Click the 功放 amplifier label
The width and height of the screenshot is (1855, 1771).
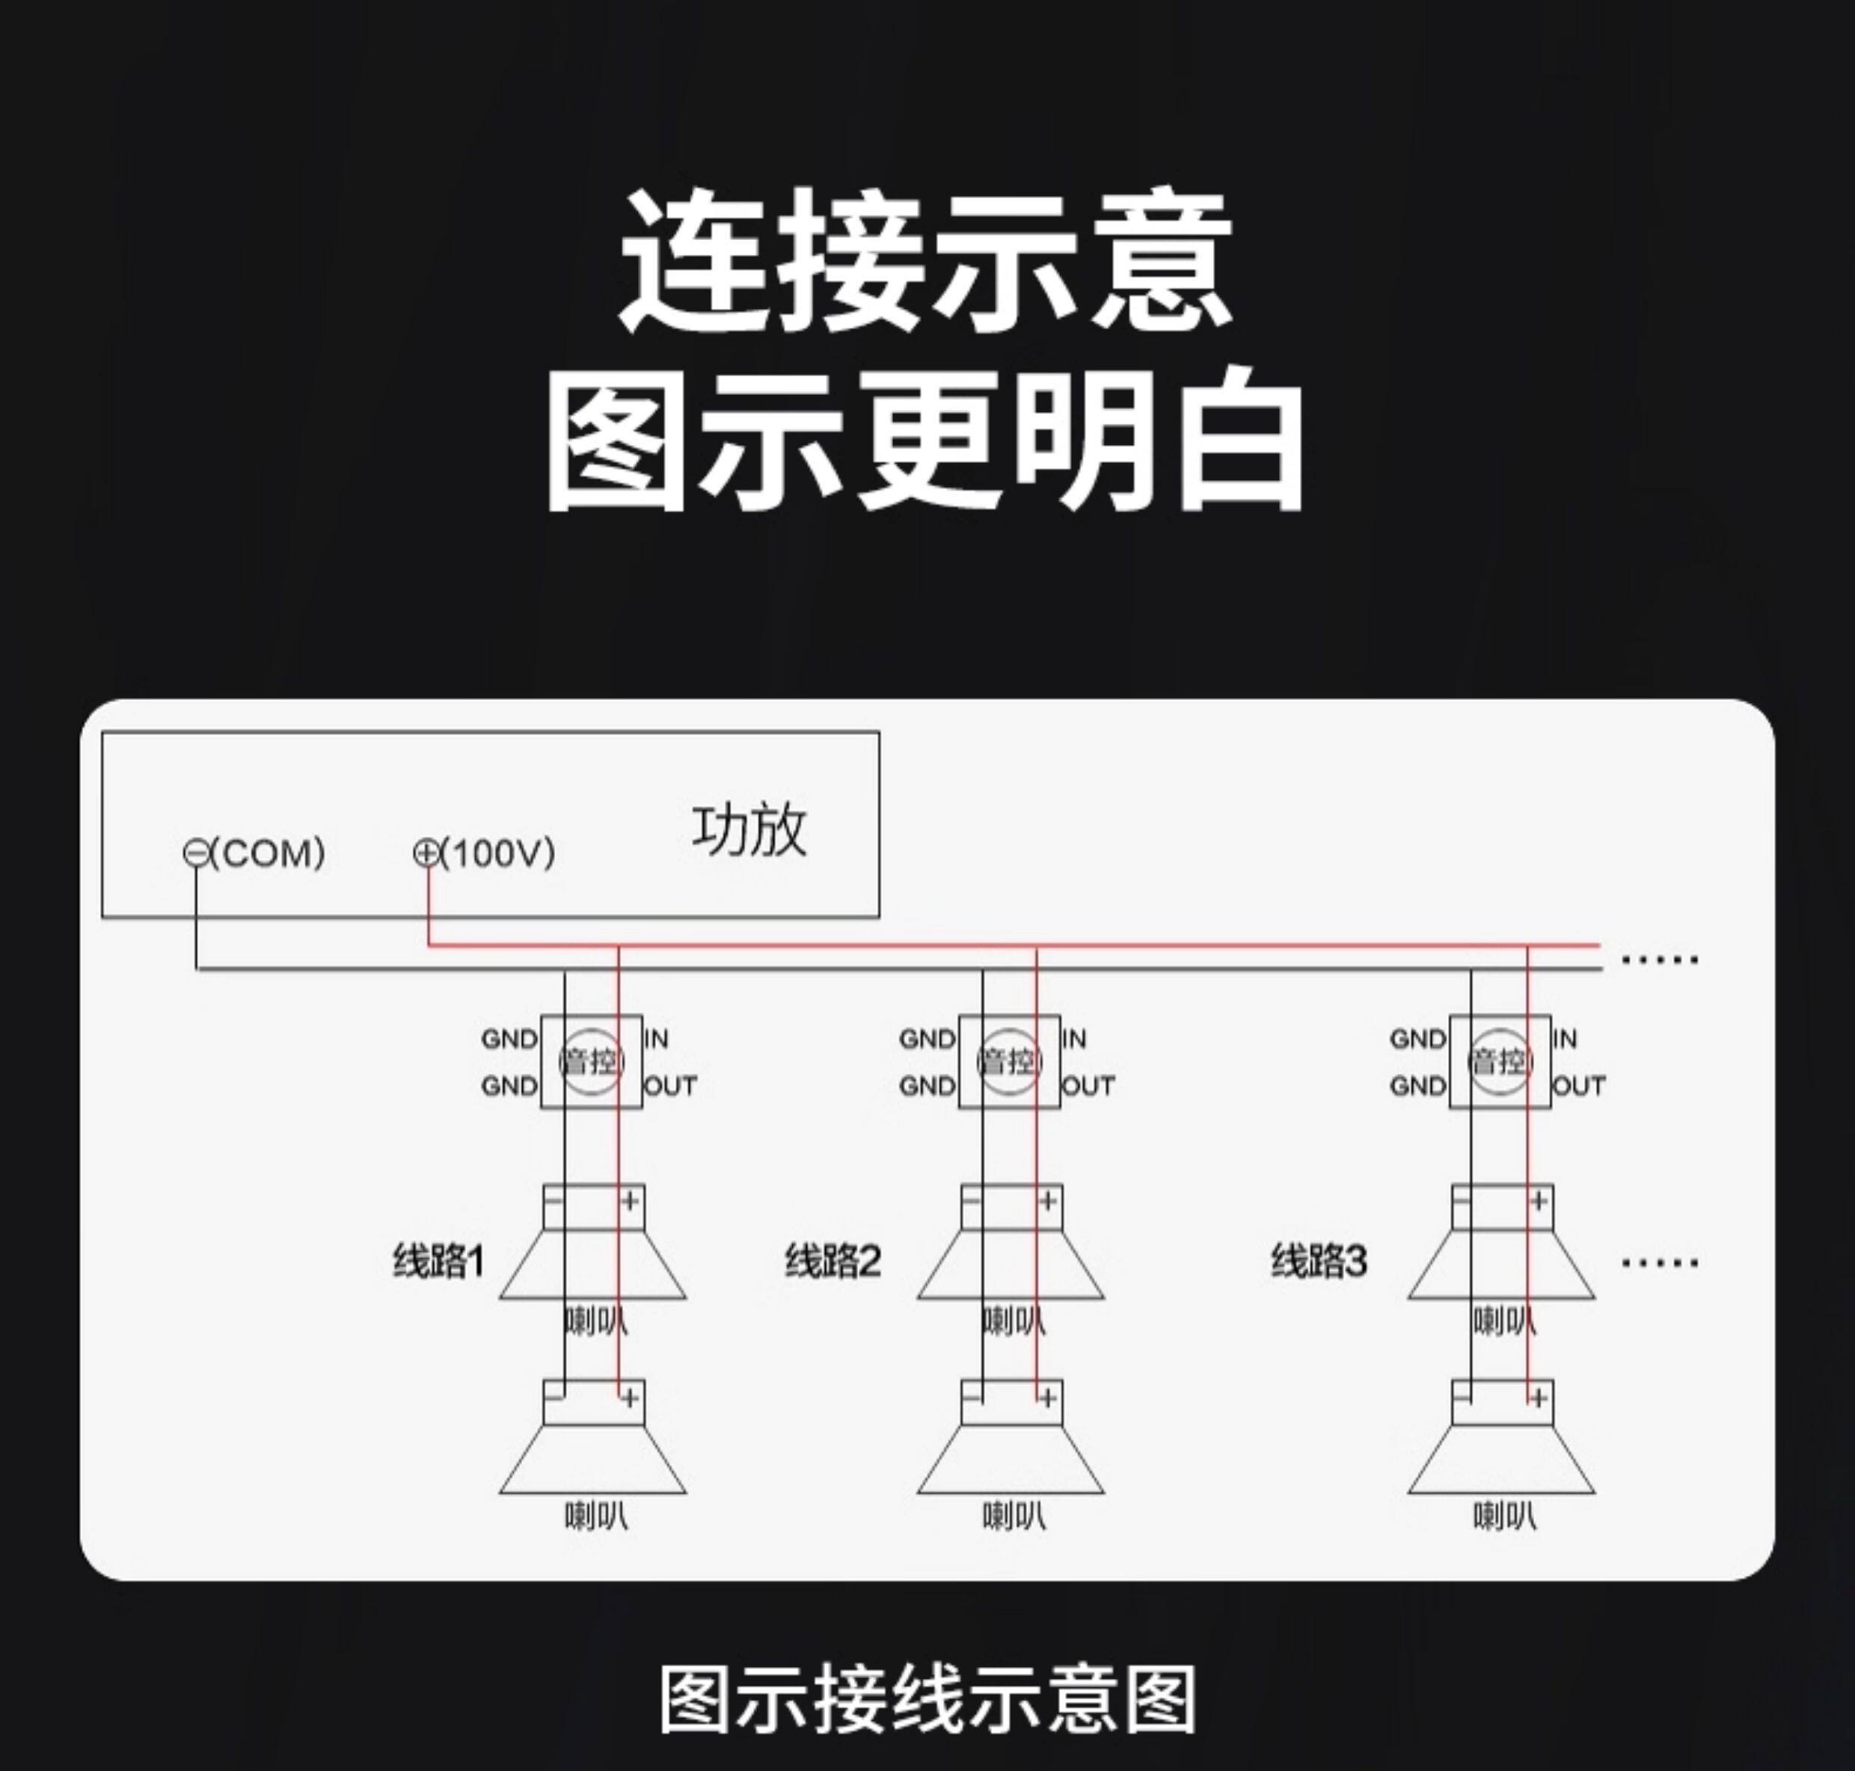(749, 831)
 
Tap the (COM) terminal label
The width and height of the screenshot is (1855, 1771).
(267, 853)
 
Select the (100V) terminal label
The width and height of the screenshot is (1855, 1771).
(497, 853)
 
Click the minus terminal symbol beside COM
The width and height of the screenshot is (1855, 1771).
(195, 853)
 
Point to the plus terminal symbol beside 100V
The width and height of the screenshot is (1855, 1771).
(426, 853)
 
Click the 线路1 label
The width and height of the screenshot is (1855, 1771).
(438, 1261)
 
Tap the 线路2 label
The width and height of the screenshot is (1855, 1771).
(833, 1261)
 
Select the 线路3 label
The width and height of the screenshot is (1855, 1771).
(1319, 1261)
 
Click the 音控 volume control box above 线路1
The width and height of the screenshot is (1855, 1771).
(591, 1061)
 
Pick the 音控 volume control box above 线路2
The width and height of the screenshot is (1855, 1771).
(1009, 1061)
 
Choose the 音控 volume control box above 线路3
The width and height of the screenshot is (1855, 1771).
(1500, 1061)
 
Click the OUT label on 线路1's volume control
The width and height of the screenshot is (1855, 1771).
(670, 1087)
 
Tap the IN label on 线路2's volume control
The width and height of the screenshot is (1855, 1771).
(1074, 1040)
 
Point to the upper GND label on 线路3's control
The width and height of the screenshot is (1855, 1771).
(1417, 1040)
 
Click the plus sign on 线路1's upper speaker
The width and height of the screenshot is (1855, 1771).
(630, 1201)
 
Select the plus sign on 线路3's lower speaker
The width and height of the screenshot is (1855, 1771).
(1539, 1397)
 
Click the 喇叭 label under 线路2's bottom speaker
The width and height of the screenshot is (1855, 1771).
(1014, 1516)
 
